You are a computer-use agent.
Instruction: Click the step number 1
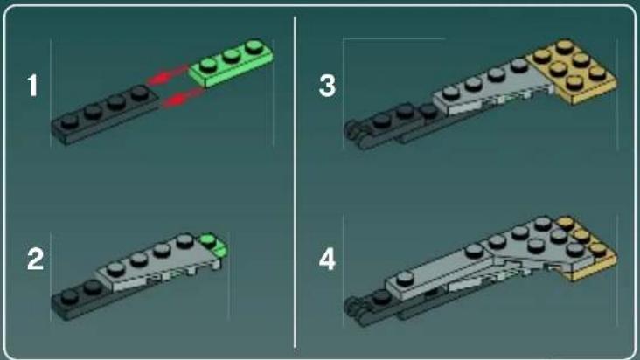click(32, 86)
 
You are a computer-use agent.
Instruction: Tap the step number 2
click(35, 260)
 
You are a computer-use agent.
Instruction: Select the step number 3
click(327, 86)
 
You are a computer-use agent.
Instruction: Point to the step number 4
click(327, 260)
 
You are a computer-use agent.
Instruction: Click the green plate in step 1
click(231, 63)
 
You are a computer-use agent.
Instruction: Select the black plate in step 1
click(105, 115)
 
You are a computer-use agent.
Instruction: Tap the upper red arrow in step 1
click(168, 74)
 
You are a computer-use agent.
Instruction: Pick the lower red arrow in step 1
click(182, 99)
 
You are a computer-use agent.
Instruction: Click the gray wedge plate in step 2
click(159, 262)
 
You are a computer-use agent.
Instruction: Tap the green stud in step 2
click(208, 239)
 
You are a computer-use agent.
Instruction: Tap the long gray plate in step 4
click(439, 273)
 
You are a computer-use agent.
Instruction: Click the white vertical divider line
click(295, 182)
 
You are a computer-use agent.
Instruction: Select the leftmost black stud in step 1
click(70, 121)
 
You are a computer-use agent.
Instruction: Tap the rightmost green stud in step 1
click(254, 46)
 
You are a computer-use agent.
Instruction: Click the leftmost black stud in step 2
click(70, 296)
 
